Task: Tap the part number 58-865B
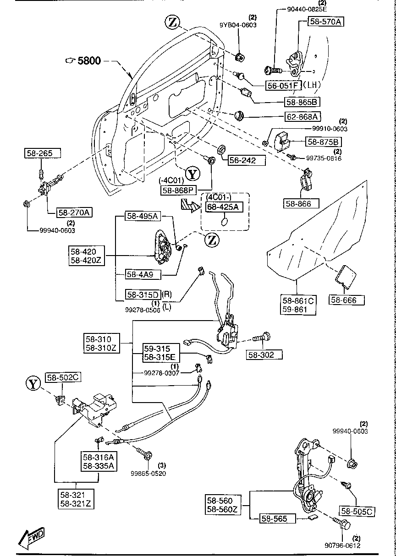click(x=302, y=102)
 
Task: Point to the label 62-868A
click(x=302, y=117)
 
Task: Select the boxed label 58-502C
click(x=63, y=377)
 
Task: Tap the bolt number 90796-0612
click(x=342, y=545)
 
